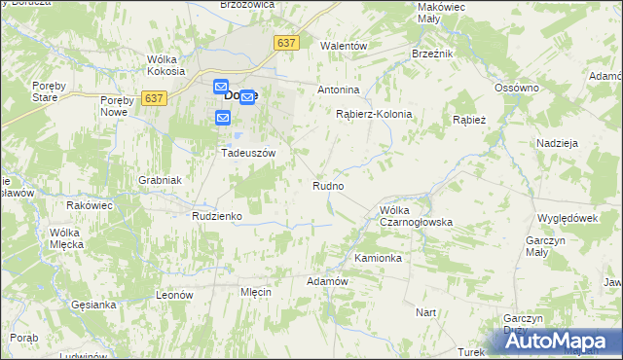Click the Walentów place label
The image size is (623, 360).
pyautogui.click(x=344, y=46)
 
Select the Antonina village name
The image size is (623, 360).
pyautogui.click(x=339, y=90)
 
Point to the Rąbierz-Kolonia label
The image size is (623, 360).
pyautogui.click(x=374, y=114)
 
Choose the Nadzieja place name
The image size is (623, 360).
pyautogui.click(x=557, y=142)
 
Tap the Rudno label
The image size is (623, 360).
pyautogui.click(x=327, y=185)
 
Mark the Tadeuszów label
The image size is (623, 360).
pyautogui.click(x=249, y=154)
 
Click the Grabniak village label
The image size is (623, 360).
pyautogui.click(x=160, y=180)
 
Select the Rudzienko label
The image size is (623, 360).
pyautogui.click(x=216, y=216)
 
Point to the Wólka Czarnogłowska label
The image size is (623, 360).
pyautogui.click(x=416, y=216)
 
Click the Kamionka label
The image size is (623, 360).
pyautogui.click(x=378, y=259)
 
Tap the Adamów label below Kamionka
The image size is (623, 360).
pyautogui.click(x=327, y=281)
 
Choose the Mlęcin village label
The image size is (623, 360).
pyautogui.click(x=255, y=292)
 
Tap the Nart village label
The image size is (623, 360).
pyautogui.click(x=425, y=312)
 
